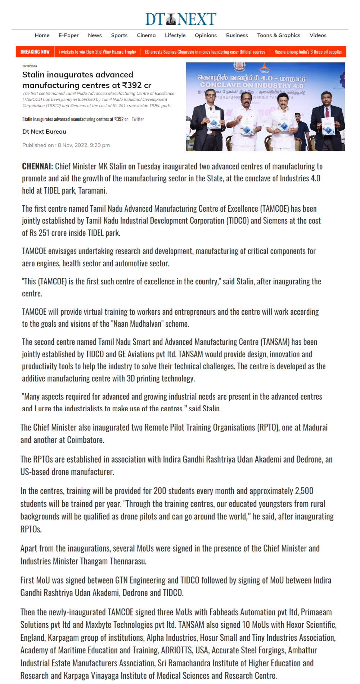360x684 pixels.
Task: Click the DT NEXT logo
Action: coord(180,19)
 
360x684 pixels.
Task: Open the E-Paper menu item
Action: coord(68,35)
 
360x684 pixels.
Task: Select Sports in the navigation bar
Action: coord(119,35)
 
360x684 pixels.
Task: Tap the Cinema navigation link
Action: coord(146,35)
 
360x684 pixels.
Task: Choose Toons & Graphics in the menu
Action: coord(278,35)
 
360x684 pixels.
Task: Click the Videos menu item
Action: coord(318,35)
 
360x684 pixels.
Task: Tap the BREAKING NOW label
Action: coord(35,52)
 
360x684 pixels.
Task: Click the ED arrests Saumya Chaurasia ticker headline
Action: coord(205,52)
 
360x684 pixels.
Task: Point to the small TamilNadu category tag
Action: coord(30,66)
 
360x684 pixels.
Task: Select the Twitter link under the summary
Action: coord(138,119)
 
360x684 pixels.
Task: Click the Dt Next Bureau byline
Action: coord(44,132)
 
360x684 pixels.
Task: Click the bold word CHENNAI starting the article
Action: coord(37,166)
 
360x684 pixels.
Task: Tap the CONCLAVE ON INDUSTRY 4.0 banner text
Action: coord(252,85)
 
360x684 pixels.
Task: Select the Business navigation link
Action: coord(237,35)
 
